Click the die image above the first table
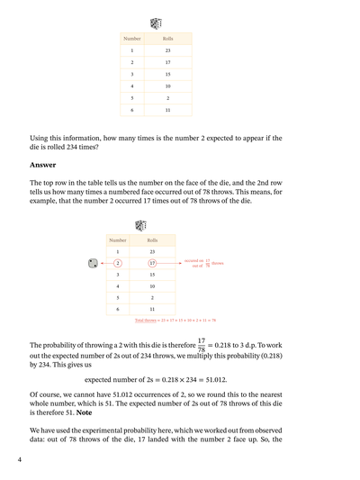[156, 23]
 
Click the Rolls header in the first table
[168, 40]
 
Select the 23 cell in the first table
[168, 50]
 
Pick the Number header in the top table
[132, 40]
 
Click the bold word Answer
[42, 165]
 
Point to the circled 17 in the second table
[152, 263]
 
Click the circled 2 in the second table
[118, 263]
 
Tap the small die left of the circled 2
[92, 263]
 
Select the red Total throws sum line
[175, 320]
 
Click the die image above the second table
[140, 226]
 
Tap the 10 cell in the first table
[168, 86]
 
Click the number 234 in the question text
[107, 147]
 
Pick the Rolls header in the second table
[152, 240]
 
